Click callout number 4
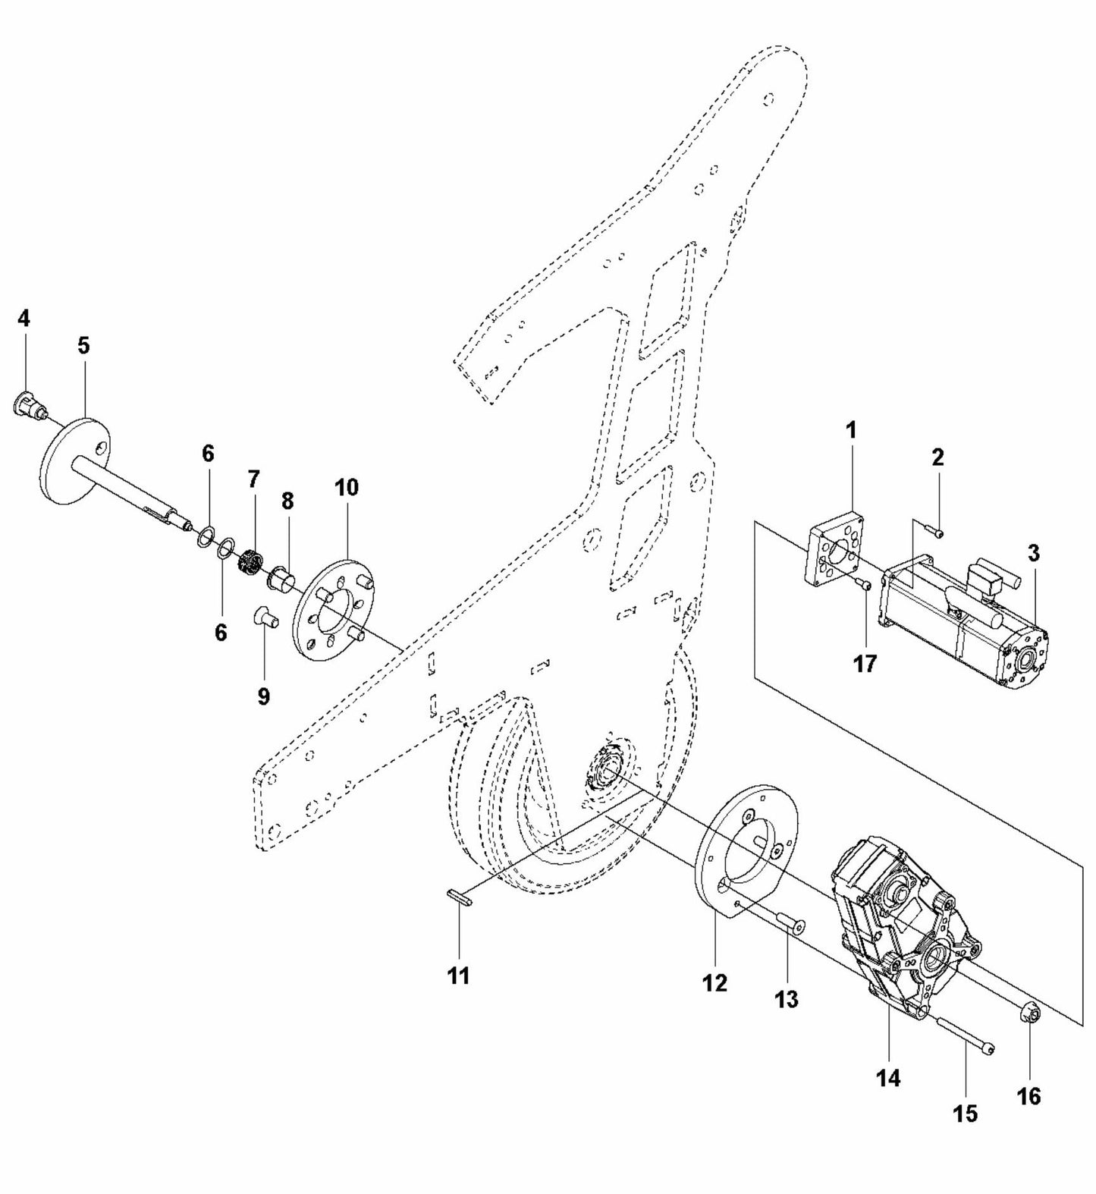[24, 318]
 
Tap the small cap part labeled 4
[27, 404]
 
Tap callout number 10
[346, 487]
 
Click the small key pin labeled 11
[458, 895]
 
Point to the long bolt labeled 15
[964, 1035]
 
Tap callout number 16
[1029, 1095]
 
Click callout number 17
[864, 663]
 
